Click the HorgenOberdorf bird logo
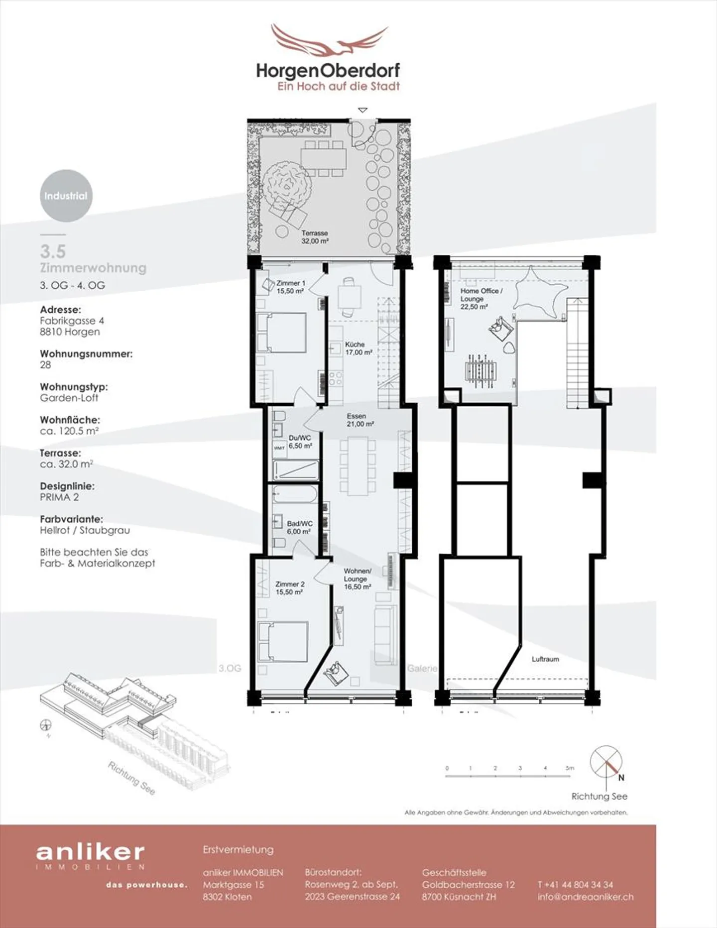tap(329, 42)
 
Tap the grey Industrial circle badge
tap(66, 196)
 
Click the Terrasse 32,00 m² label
tap(315, 237)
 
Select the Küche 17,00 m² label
tap(358, 348)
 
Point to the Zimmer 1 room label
tap(291, 287)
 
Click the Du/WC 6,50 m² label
tap(300, 442)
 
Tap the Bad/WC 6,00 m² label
tap(299, 527)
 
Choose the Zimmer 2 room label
tap(290, 588)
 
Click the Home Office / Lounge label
tap(480, 298)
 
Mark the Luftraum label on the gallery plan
tap(545, 659)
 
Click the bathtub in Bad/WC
tap(294, 495)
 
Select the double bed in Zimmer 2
tap(282, 641)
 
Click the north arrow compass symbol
tap(606, 762)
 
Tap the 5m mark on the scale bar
tap(570, 768)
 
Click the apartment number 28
tap(45, 365)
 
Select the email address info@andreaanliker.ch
tap(586, 897)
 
